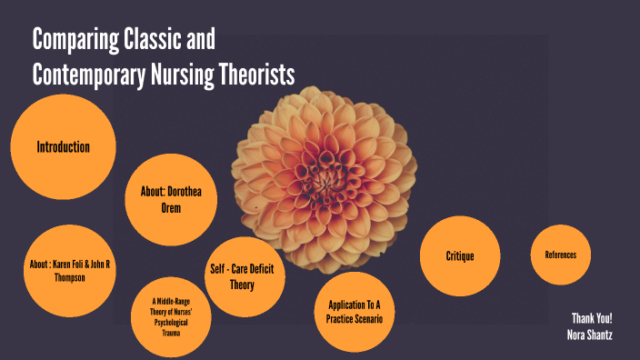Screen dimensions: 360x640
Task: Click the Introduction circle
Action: (63, 147)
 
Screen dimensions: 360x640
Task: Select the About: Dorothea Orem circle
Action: (171, 200)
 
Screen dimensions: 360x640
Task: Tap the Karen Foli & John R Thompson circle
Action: (70, 270)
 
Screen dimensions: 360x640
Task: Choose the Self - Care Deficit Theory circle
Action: (241, 276)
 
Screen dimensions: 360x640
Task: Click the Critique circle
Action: (459, 256)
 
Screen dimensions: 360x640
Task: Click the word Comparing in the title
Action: (75, 41)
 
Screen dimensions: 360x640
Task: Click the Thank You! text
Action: (592, 318)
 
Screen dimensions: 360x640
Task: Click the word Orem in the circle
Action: (171, 208)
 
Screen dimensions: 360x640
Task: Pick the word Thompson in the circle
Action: (70, 277)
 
